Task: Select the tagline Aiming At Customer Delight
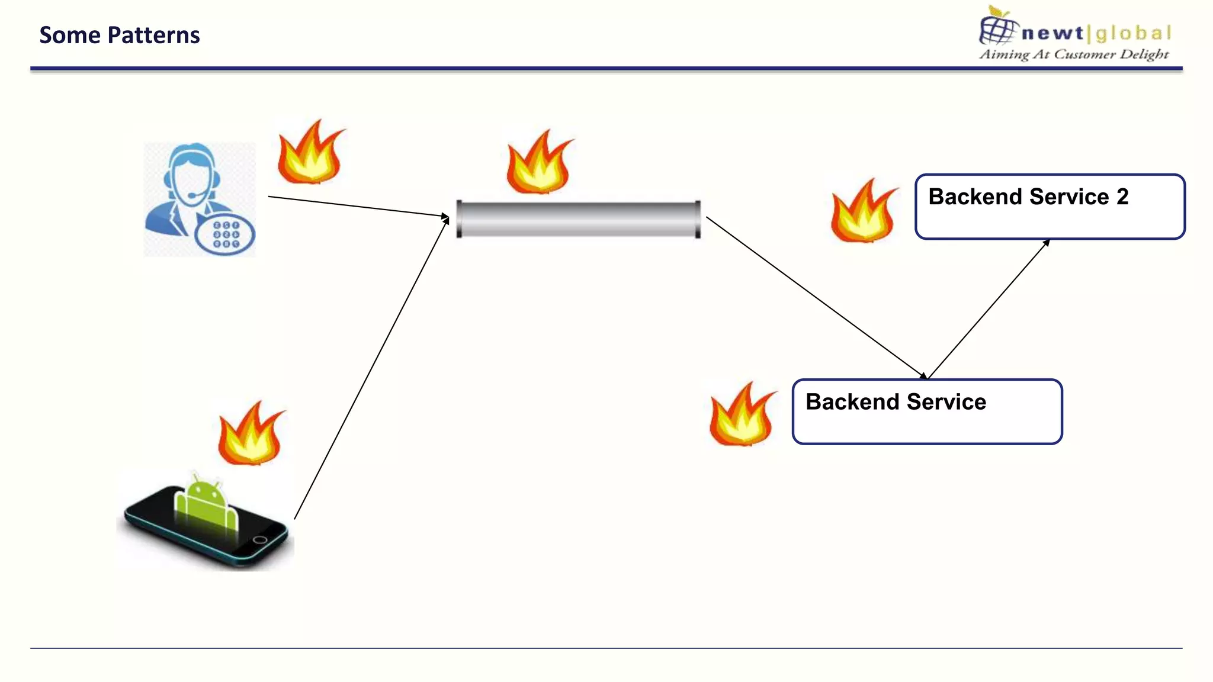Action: tap(1074, 54)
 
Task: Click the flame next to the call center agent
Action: tap(310, 155)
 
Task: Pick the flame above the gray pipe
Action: tap(538, 165)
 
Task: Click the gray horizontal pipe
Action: tap(579, 219)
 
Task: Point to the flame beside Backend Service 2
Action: tap(863, 214)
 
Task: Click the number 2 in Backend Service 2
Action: tap(1122, 197)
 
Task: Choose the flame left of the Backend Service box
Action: tap(742, 417)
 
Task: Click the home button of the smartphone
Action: tap(259, 540)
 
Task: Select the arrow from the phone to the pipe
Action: tap(371, 368)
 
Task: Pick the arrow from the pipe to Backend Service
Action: tap(816, 297)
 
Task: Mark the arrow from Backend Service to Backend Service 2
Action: tap(988, 310)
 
